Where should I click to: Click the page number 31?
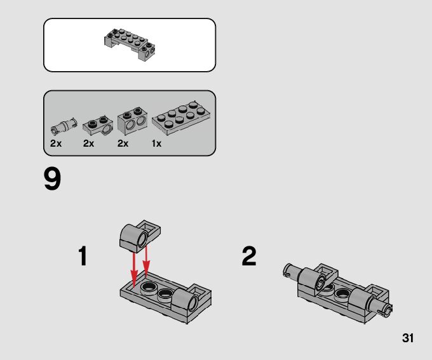(x=408, y=338)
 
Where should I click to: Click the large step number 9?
(x=52, y=179)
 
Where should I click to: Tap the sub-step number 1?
(x=83, y=256)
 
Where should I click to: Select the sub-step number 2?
(x=249, y=256)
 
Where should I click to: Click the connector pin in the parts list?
(x=64, y=126)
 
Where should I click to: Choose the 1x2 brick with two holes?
(x=132, y=121)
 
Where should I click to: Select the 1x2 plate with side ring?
(x=98, y=125)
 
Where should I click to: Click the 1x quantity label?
(x=156, y=143)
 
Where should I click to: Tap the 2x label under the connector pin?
(x=56, y=143)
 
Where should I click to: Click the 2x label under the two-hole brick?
(x=123, y=143)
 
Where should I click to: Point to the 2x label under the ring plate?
(x=89, y=143)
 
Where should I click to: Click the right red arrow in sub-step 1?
(x=146, y=262)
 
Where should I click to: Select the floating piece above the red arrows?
(x=140, y=236)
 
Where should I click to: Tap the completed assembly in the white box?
(x=130, y=44)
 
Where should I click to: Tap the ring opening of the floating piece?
(x=142, y=239)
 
